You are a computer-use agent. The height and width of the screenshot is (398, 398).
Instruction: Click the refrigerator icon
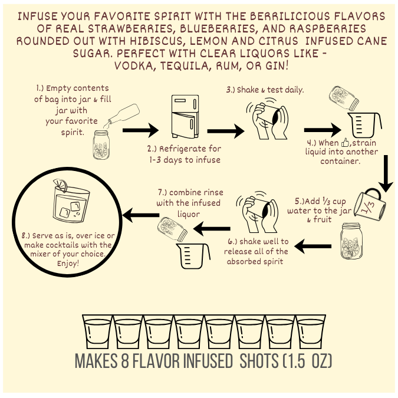pos(185,116)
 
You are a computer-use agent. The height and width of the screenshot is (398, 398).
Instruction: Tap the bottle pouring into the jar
pos(122,116)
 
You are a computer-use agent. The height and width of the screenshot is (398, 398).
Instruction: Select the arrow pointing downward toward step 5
pos(386,174)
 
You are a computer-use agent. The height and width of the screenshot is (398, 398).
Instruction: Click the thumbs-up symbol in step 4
pos(345,143)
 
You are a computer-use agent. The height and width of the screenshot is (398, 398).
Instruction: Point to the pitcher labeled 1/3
pos(370,204)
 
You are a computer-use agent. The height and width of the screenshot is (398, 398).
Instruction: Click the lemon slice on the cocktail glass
pos(60,185)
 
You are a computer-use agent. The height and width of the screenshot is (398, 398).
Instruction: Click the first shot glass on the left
pos(97,331)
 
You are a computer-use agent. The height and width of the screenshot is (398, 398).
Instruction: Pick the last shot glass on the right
pos(311,331)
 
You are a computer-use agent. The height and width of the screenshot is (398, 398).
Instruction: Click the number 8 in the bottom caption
pos(124,360)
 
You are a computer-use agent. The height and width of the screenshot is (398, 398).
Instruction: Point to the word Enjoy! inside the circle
pos(68,264)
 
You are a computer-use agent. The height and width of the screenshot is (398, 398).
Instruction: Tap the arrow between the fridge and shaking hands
pos(226,131)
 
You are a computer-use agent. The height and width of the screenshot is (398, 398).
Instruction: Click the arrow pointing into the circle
pos(141,215)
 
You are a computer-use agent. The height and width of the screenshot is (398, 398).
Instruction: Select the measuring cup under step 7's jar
pos(193,256)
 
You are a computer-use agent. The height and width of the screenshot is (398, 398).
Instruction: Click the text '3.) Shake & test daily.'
pos(265,90)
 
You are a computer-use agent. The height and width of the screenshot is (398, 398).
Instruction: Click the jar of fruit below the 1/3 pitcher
pos(351,241)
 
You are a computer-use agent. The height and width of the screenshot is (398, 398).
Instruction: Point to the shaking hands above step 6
pos(257,212)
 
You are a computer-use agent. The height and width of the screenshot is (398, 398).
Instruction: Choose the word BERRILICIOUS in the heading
pos(290,17)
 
